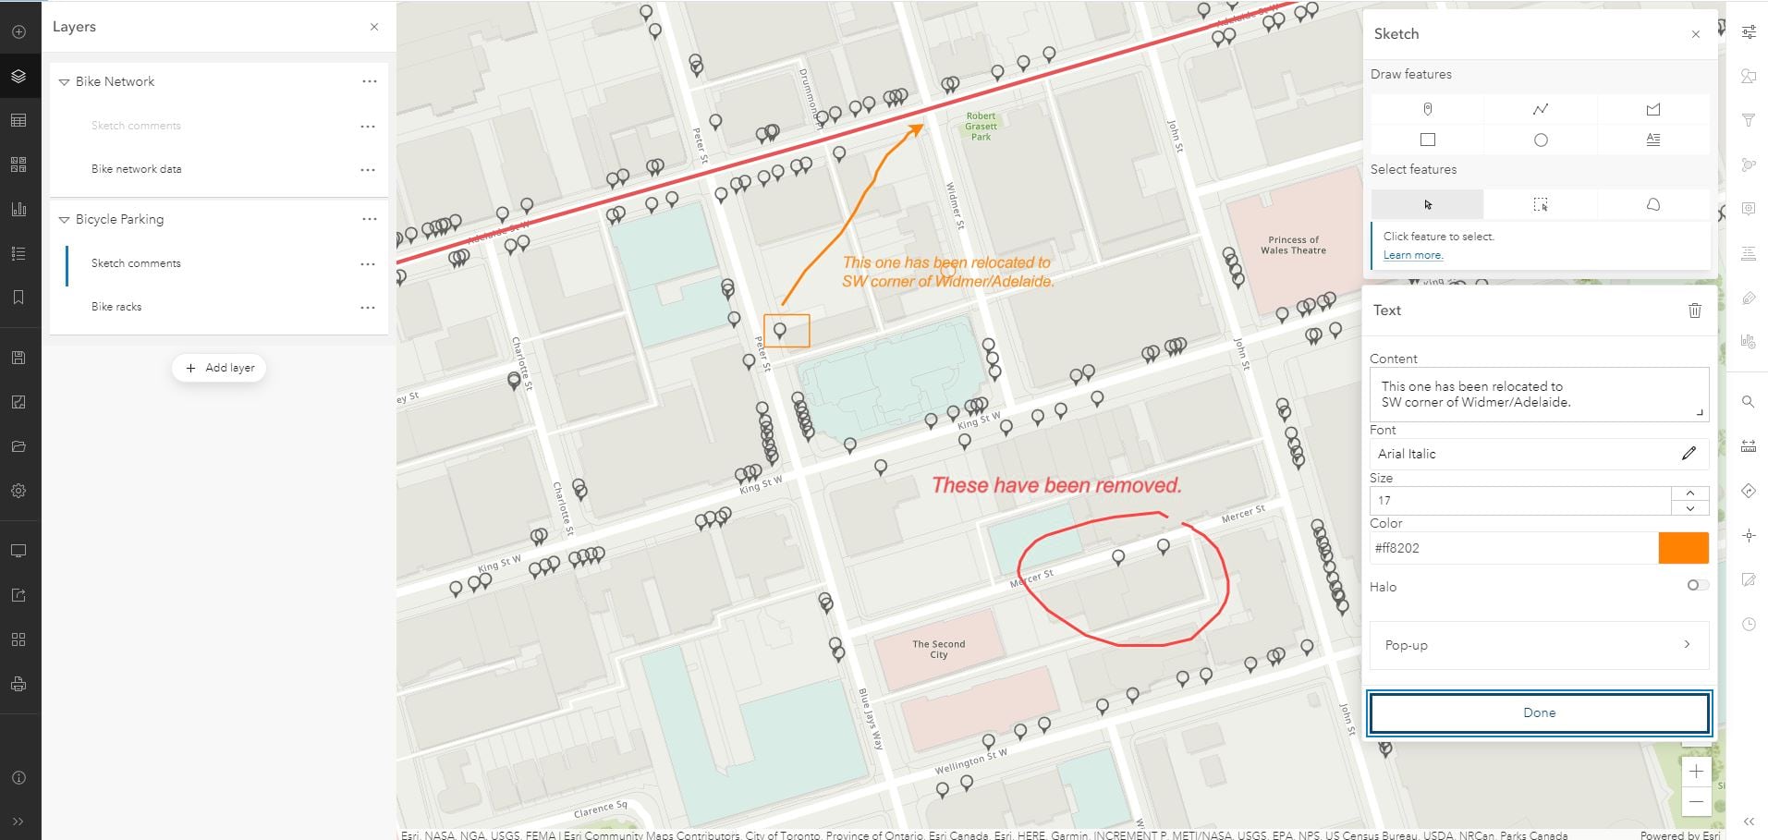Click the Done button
1539,712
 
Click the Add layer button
219,368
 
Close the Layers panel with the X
374,27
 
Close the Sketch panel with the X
1695,34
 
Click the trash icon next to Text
1694,310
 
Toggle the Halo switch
1697,585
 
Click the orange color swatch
1683,548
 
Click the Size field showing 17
1520,500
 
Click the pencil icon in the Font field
1689,453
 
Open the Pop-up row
1539,645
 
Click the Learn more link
1412,255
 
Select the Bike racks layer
116,307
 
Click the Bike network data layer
136,169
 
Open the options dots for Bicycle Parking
370,219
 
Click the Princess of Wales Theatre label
1293,245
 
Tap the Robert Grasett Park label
981,127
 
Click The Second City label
938,649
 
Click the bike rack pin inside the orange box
780,329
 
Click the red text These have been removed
1056,485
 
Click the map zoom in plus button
1696,771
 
